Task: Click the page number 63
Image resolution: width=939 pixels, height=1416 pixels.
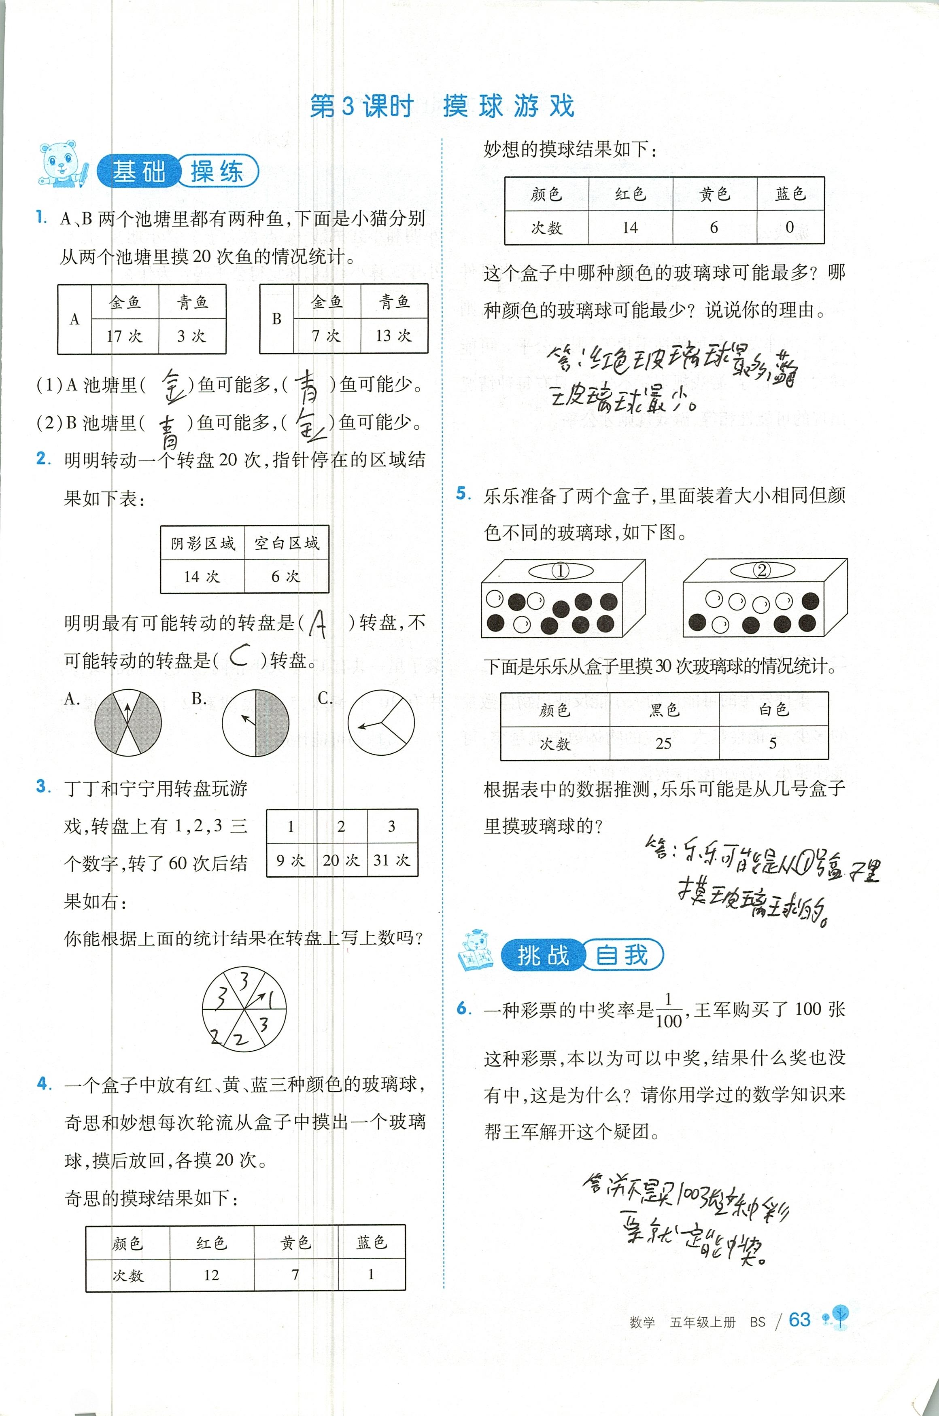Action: coord(799,1320)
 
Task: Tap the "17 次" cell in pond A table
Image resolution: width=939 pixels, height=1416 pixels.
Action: coord(125,336)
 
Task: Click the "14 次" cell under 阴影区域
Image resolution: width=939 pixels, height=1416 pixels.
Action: coord(202,577)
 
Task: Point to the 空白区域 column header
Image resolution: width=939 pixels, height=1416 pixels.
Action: coord(287,543)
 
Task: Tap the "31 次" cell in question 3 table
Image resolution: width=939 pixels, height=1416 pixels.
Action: coord(392,860)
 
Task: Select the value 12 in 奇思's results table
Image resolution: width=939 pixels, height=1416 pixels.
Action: coord(211,1275)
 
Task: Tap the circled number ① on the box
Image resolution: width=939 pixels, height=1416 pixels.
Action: coord(561,570)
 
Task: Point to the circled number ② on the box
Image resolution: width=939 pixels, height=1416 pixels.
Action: coord(762,569)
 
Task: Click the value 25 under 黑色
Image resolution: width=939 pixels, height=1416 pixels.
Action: coord(663,743)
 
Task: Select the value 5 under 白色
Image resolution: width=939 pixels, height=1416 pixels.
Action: coord(773,743)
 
